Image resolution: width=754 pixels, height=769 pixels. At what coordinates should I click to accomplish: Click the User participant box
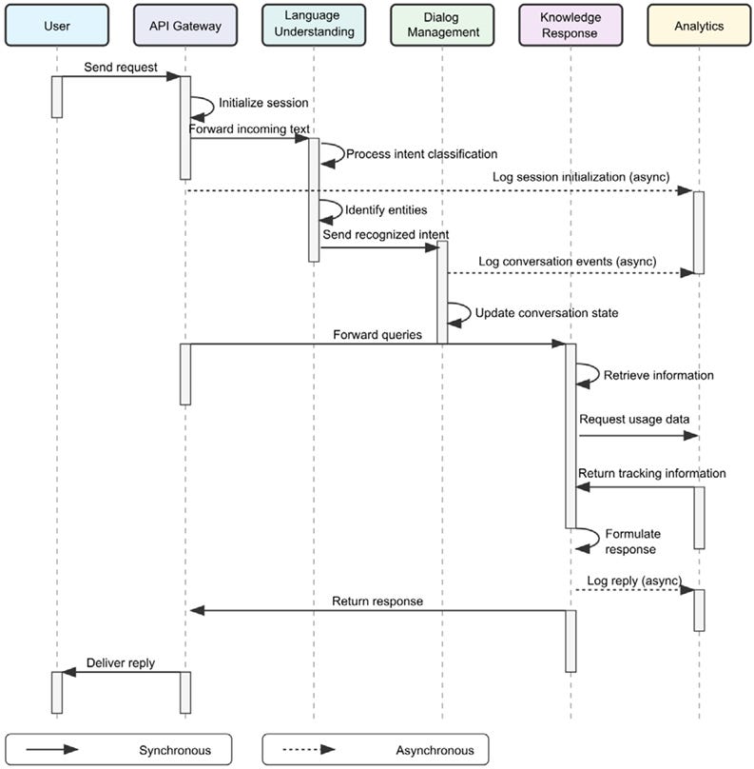point(57,26)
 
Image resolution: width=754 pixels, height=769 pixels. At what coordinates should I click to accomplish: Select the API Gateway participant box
point(185,26)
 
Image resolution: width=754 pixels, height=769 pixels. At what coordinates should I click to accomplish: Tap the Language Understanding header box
point(314,26)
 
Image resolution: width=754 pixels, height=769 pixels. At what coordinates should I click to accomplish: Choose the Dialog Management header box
point(442,26)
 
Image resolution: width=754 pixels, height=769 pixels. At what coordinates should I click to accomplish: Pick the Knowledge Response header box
point(570,26)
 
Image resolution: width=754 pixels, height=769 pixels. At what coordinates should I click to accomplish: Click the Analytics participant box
point(699,26)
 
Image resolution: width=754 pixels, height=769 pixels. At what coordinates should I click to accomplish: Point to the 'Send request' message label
point(120,68)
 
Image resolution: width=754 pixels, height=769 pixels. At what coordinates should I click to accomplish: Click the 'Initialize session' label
point(263,103)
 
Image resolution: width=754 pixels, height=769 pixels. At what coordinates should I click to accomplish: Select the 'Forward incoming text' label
point(249,128)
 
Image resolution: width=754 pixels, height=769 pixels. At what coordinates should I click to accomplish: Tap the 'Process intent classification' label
point(421,153)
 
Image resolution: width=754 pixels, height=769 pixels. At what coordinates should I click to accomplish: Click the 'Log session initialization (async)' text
point(580,178)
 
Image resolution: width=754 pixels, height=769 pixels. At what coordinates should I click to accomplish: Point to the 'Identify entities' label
point(386,209)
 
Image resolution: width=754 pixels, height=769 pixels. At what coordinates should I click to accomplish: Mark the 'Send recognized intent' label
point(385,234)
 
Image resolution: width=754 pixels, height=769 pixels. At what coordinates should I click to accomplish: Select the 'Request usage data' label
point(634,419)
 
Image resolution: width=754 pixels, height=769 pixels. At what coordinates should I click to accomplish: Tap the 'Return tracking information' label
point(651,473)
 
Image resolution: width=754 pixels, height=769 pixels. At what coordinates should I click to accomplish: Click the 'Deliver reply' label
point(121,662)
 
